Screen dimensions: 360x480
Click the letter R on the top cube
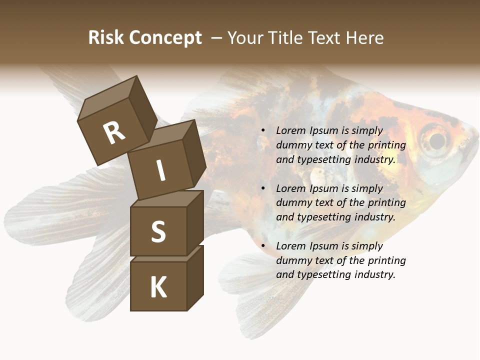[114, 132]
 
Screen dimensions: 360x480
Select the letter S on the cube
[158, 231]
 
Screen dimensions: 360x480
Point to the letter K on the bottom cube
[158, 287]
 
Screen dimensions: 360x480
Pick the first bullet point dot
[263, 131]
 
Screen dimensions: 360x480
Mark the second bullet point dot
[263, 189]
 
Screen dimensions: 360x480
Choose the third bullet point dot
[263, 246]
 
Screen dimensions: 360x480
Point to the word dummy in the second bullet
[292, 203]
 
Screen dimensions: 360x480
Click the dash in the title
[216, 38]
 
